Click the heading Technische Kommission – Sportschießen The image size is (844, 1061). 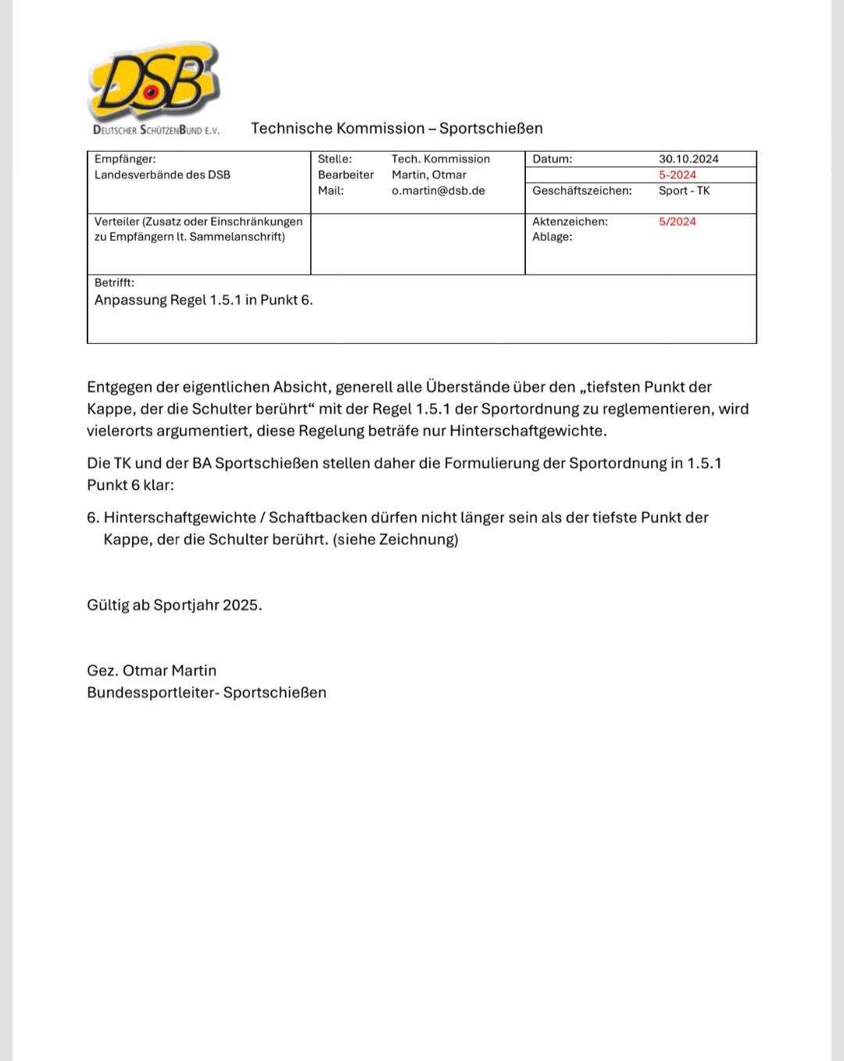396,128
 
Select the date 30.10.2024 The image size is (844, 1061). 688,159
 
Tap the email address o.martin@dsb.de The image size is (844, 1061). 438,191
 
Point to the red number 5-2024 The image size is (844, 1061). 677,175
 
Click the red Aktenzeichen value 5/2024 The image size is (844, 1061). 677,222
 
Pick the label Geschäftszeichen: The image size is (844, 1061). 581,191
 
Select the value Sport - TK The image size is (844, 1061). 684,191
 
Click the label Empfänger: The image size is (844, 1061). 125,159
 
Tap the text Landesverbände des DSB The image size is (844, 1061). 163,175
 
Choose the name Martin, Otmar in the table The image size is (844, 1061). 428,175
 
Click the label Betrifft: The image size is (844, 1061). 114,283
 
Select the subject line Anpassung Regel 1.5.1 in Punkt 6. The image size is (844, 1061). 203,300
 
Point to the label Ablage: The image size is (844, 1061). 552,237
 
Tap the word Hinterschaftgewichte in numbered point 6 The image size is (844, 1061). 180,518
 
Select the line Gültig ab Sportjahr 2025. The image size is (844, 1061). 174,605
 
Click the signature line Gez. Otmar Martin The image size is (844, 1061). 152,671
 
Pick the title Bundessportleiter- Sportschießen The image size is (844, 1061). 206,693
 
